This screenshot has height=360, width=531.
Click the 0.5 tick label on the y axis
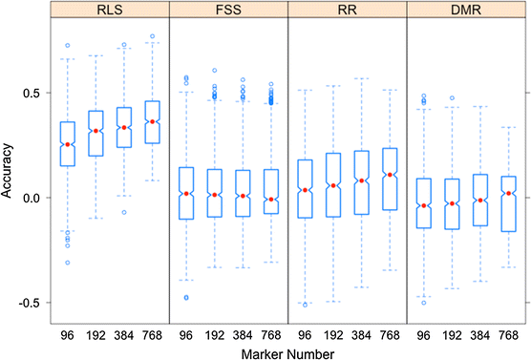point(34,93)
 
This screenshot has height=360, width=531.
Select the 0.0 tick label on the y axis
point(34,198)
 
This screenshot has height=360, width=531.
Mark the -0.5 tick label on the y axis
point(32,302)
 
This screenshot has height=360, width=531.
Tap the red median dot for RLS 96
point(67,145)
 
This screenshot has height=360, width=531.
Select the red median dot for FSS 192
point(215,195)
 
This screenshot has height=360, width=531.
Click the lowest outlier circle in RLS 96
point(67,263)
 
